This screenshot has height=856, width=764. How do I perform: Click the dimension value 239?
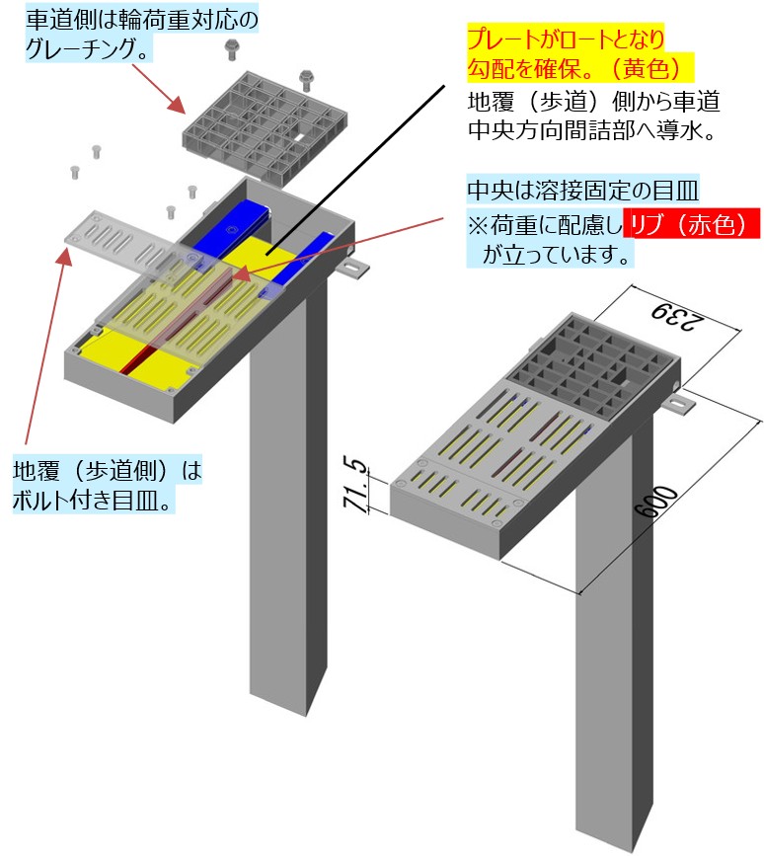(679, 317)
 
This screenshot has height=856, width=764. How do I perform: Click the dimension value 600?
(656, 501)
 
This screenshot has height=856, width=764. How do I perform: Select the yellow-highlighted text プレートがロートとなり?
(566, 39)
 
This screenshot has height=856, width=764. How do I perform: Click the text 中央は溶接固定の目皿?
(582, 190)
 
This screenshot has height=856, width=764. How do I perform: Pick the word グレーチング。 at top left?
(88, 49)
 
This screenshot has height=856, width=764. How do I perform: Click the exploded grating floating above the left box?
(265, 124)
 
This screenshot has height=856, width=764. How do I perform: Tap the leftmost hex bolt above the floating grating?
(231, 49)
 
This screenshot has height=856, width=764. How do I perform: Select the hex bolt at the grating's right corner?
(306, 80)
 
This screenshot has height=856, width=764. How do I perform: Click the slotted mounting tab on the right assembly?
(679, 405)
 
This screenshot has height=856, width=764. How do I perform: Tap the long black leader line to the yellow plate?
(355, 170)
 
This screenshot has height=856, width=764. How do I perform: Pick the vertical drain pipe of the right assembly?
(614, 628)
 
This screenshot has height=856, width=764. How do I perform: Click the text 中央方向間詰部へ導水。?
(592, 130)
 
